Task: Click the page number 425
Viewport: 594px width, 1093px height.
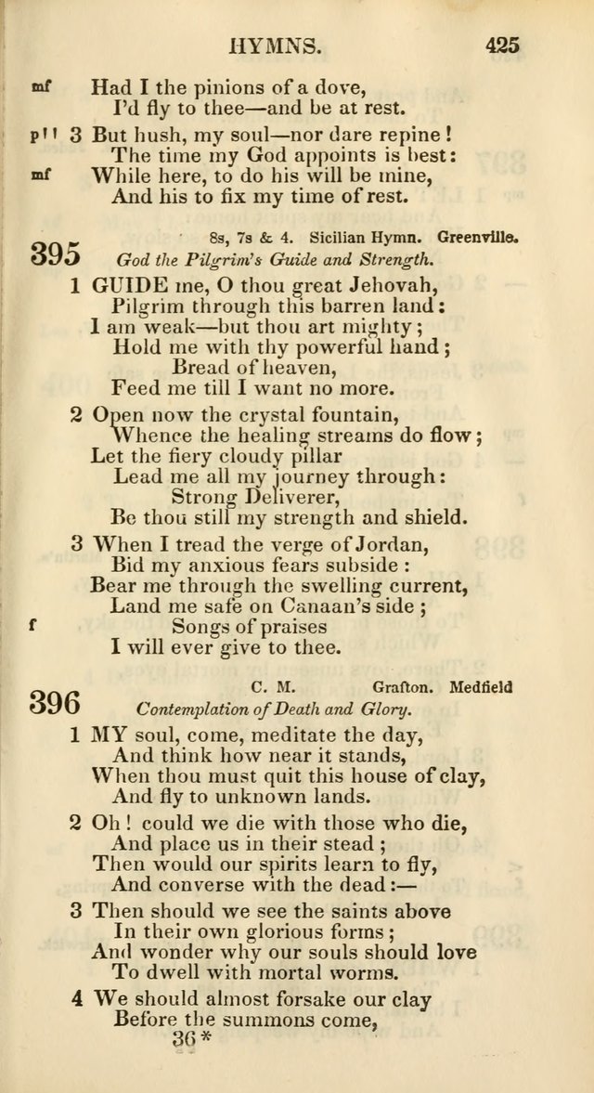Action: click(501, 44)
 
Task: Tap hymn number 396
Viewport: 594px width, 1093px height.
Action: click(56, 703)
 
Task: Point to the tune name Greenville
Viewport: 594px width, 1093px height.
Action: click(479, 237)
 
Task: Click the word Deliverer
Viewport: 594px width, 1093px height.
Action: click(273, 498)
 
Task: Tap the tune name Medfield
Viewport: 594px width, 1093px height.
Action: click(481, 688)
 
